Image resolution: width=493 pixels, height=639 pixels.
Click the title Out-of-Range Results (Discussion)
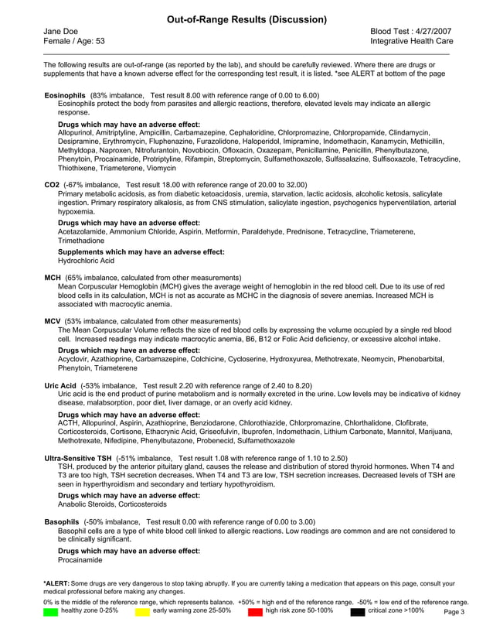point(246,19)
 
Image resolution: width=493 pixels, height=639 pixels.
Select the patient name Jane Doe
point(59,30)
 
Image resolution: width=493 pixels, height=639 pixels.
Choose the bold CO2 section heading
point(52,186)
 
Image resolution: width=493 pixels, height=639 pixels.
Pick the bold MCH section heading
point(53,277)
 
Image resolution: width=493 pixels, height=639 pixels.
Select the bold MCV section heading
point(53,320)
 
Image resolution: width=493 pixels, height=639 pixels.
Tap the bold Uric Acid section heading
point(60,385)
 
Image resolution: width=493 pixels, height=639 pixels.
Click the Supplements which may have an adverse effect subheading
point(141,252)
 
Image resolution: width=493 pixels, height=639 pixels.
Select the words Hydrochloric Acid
point(86,261)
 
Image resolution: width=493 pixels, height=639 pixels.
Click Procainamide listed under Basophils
point(81,559)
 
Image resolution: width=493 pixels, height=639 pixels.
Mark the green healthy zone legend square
point(51,611)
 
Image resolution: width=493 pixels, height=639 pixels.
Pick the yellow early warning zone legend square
point(142,611)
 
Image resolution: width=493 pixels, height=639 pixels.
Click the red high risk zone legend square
point(255,611)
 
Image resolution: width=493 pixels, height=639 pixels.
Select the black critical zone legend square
point(358,611)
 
